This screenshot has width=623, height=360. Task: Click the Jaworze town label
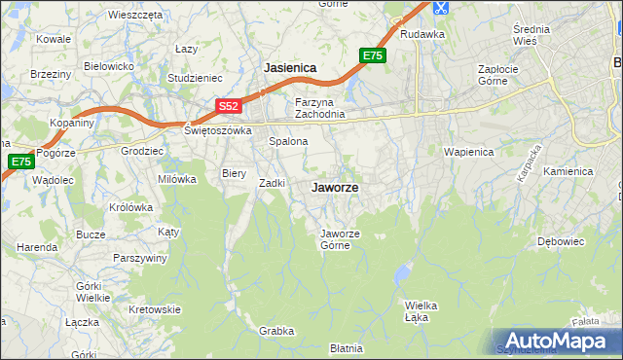[334, 188]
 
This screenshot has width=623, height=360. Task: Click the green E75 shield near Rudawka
[373, 56]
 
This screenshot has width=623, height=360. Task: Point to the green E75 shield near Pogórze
[20, 162]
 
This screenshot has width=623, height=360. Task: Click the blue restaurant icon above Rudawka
[440, 8]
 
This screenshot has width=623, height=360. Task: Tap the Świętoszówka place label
[218, 129]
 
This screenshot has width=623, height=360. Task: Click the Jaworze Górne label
[342, 238]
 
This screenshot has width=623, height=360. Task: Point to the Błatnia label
[346, 347]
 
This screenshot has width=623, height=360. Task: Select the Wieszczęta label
[135, 16]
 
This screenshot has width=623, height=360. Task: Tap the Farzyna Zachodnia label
[320, 108]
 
